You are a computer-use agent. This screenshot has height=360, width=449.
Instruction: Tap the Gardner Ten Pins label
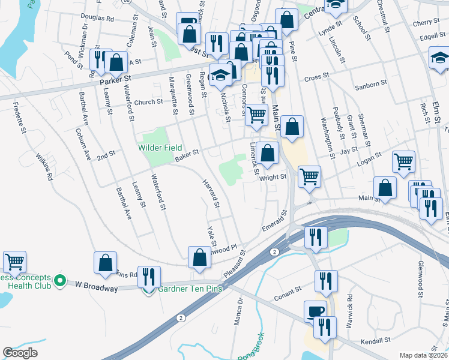pos(190,289)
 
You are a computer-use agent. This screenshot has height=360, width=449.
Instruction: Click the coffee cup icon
pos(316,311)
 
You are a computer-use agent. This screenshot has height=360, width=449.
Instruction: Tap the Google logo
pos(20,353)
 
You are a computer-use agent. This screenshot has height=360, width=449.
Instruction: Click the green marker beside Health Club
pos(59,280)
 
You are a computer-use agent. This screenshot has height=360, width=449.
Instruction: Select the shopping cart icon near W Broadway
pos(14,261)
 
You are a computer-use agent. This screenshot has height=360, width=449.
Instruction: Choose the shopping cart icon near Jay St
pos(403,161)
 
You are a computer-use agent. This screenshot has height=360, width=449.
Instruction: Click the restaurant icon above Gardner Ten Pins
pos(149,276)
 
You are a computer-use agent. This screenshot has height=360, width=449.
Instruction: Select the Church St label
pos(148,102)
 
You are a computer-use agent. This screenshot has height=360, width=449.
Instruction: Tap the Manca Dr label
pos(238,308)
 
